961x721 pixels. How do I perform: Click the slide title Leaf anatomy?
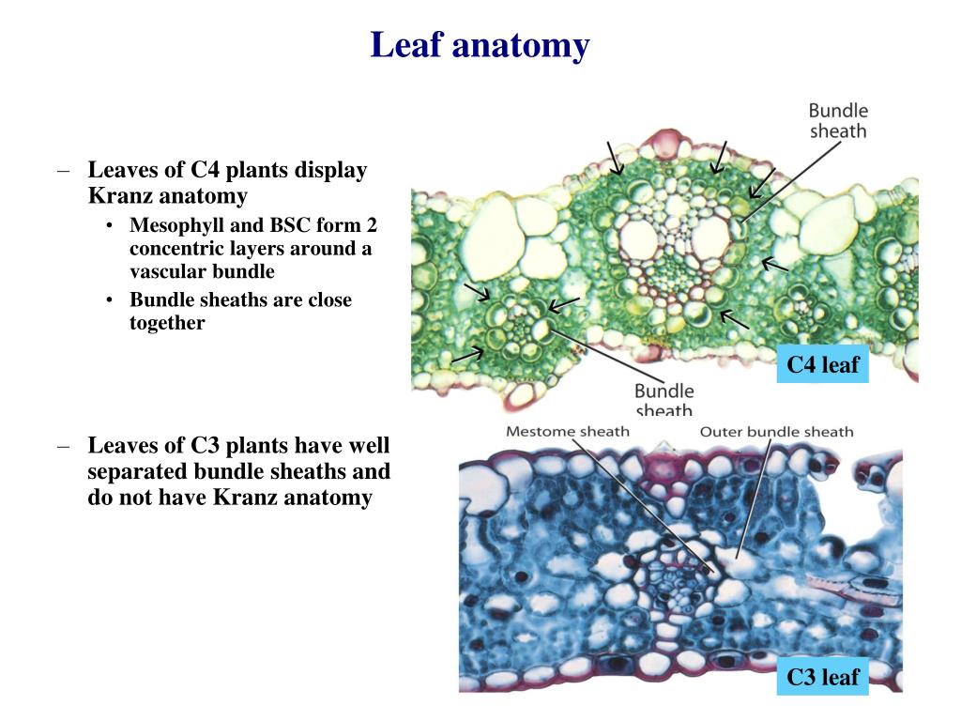[x=480, y=45]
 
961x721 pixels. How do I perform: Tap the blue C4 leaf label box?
[x=822, y=365]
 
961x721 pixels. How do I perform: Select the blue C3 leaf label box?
[x=822, y=676]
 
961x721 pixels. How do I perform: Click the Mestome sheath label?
[x=568, y=432]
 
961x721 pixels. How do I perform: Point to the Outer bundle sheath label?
[x=777, y=432]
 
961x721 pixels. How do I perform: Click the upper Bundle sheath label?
[x=838, y=121]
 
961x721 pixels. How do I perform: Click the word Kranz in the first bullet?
[x=120, y=196]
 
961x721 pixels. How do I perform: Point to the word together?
[x=167, y=323]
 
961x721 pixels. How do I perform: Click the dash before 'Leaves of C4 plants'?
[x=64, y=171]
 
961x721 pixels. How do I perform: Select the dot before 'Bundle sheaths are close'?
[x=112, y=301]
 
